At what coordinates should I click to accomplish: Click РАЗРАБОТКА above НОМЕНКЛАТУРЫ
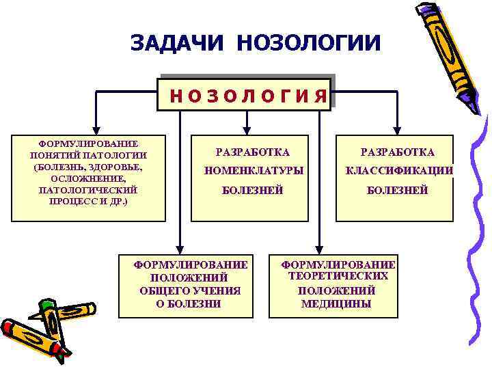(x=252, y=152)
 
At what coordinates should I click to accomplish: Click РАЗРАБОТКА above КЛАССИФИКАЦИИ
(x=398, y=152)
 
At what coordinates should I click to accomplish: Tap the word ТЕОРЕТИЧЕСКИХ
(x=338, y=276)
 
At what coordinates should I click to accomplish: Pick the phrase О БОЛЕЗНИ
(x=189, y=304)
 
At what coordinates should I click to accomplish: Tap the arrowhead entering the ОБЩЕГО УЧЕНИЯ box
(x=179, y=249)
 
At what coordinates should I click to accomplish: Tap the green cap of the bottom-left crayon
(x=45, y=305)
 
